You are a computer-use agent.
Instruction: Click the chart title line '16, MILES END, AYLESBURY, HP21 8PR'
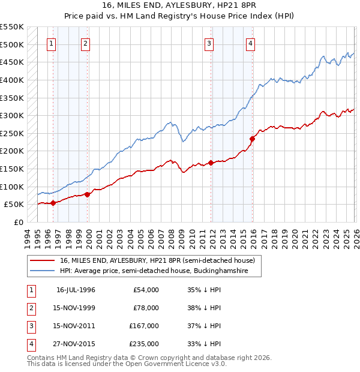point(180,7)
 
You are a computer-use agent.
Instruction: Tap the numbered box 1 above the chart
point(52,43)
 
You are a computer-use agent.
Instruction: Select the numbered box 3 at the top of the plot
point(209,43)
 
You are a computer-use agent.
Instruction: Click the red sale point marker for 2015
point(252,139)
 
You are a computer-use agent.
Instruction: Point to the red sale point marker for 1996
point(53,203)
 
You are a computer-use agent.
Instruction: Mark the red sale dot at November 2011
point(211,163)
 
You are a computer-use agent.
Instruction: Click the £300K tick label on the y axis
point(12,115)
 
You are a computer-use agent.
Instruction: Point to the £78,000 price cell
point(146,308)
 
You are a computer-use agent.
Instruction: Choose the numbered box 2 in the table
point(30,308)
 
